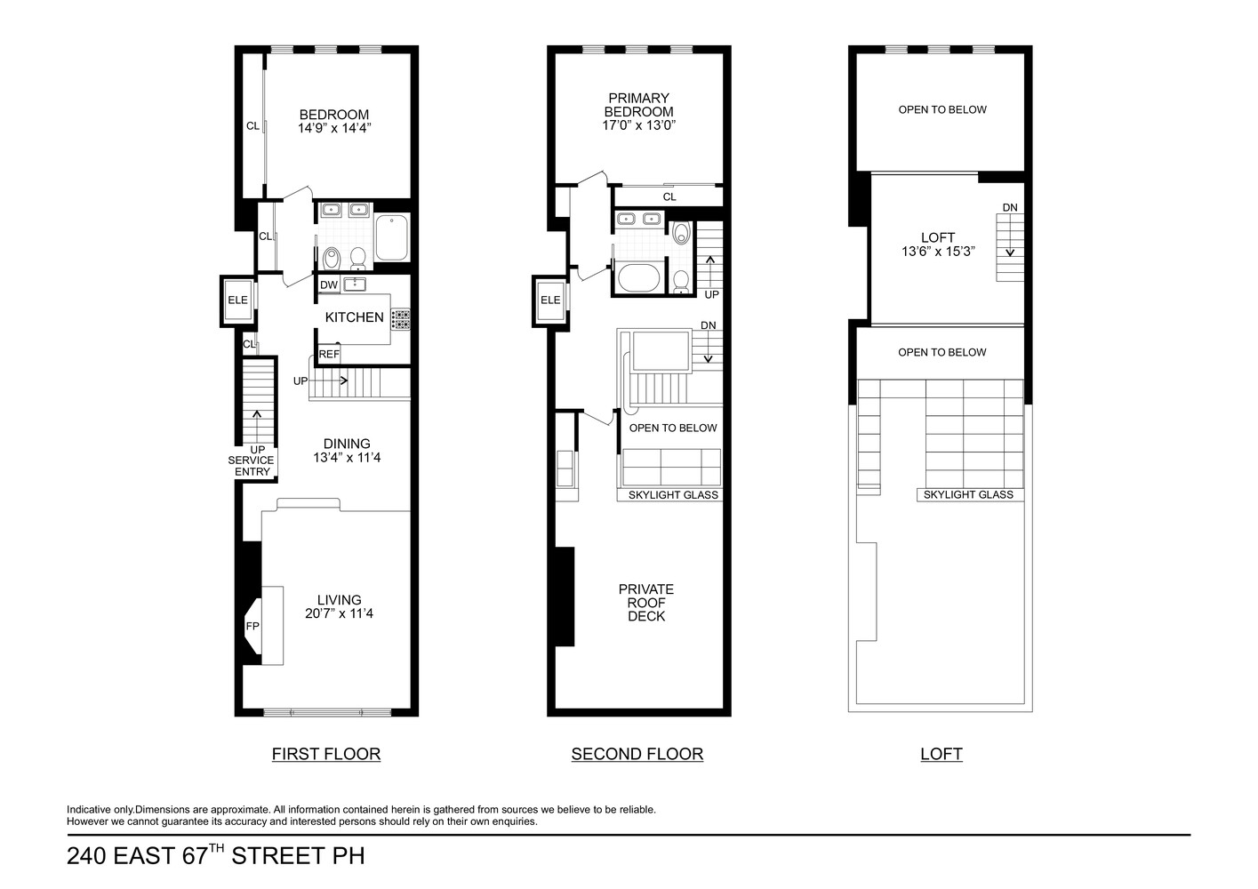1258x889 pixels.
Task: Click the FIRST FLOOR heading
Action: [x=326, y=754]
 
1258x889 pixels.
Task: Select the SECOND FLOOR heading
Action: [x=637, y=754]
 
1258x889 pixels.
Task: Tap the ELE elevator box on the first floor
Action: [x=237, y=300]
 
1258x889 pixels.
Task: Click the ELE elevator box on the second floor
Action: [x=550, y=300]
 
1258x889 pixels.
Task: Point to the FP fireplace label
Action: [x=252, y=626]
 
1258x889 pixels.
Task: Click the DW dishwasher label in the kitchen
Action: [x=329, y=285]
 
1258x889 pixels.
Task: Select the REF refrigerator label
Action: [x=329, y=354]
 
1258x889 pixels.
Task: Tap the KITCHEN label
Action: [x=354, y=317]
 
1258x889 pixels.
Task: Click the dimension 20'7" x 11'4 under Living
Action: [x=339, y=613]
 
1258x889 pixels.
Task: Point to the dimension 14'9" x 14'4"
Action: [x=333, y=128]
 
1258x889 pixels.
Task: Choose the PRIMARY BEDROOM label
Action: [x=638, y=105]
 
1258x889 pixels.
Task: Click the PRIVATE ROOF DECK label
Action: [x=646, y=603]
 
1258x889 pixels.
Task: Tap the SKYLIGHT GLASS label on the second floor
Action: [x=673, y=495]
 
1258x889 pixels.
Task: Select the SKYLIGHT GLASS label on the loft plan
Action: [x=968, y=495]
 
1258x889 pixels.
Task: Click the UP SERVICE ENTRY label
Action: [x=252, y=461]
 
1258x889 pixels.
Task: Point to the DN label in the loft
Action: [x=1010, y=208]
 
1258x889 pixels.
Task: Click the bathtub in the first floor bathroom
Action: [x=391, y=237]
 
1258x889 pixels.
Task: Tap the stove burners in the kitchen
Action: [x=401, y=319]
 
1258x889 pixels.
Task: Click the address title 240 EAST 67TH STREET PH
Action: [x=216, y=856]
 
